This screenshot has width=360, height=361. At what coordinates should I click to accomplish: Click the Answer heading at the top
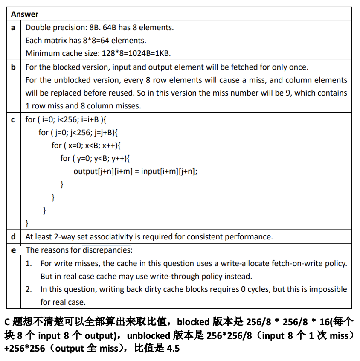pos(25,14)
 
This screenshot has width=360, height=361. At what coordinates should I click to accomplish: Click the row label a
pos(13,28)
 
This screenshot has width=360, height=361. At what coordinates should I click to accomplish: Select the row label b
pos(13,67)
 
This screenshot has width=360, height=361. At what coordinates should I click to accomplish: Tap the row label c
pos(13,119)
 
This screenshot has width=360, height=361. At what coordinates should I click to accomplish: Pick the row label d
pos(13,236)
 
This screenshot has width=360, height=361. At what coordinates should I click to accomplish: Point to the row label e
pos(13,250)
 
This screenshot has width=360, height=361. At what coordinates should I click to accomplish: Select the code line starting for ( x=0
pos(87,146)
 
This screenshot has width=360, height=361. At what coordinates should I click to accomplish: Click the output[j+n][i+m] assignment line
pos(135,171)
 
